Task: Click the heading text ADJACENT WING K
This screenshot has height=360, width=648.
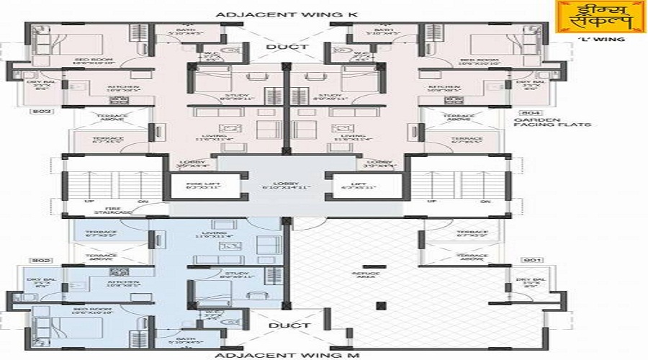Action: (287, 14)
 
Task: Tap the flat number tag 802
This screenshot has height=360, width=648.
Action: (38, 259)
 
